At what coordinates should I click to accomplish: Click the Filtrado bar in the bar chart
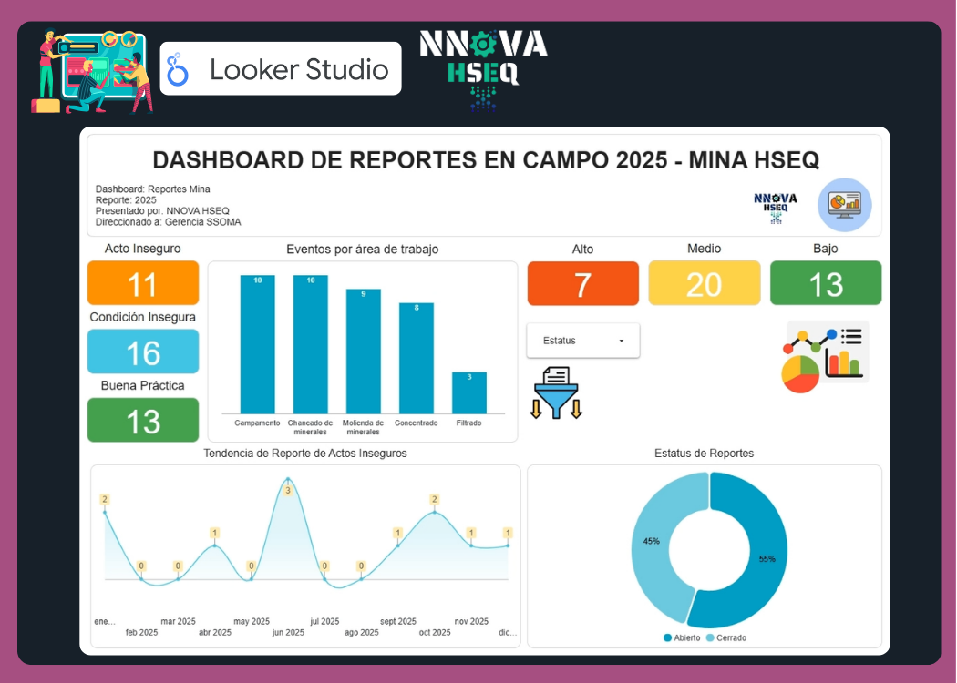[x=469, y=392]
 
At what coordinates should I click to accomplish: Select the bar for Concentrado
[x=417, y=358]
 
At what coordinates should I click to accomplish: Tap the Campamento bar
[x=258, y=344]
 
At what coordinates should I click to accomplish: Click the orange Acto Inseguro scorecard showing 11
[x=143, y=283]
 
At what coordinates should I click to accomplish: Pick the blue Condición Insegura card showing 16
[x=143, y=352]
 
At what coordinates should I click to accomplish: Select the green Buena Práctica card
[x=143, y=420]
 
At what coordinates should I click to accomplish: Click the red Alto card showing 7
[x=583, y=283]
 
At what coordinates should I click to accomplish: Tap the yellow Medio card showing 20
[x=704, y=283]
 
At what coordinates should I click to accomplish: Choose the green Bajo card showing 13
[x=826, y=283]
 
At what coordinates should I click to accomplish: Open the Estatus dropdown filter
[x=583, y=341]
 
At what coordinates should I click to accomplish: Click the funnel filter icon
[x=556, y=393]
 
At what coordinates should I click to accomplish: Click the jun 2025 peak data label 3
[x=288, y=490]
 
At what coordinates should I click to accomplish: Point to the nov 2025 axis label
[x=472, y=621]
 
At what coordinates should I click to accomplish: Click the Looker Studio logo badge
[x=281, y=69]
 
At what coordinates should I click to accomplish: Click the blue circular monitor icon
[x=844, y=205]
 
